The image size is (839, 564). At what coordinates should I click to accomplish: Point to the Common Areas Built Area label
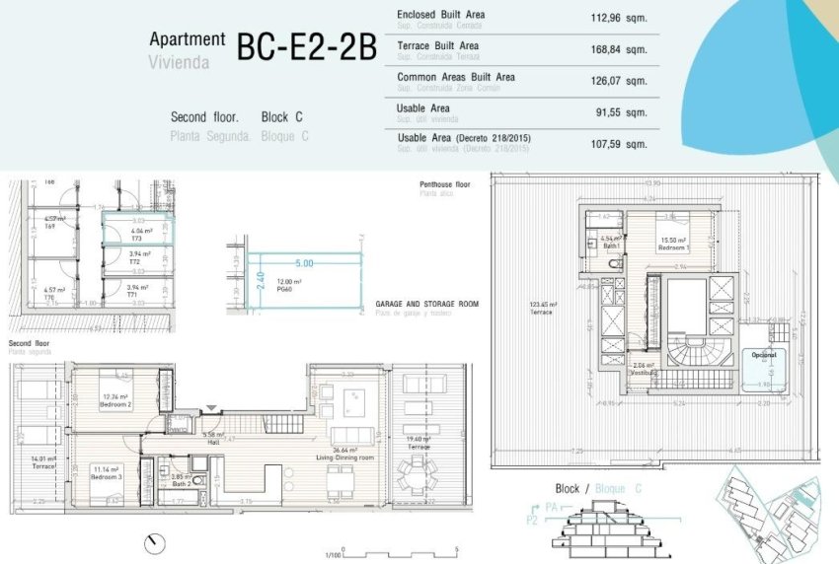455,77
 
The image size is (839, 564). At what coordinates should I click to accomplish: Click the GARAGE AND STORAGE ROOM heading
426,304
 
